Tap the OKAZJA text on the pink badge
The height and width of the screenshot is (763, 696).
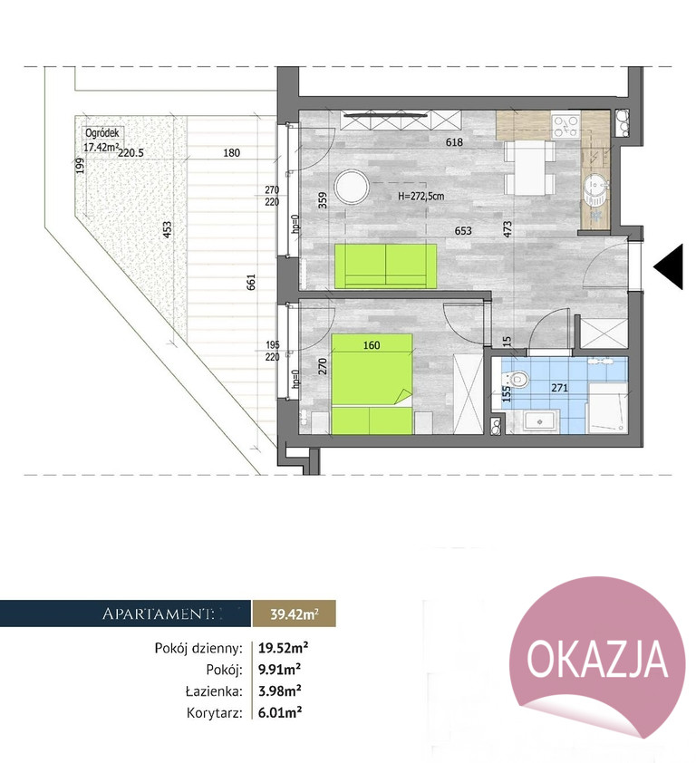[597, 660]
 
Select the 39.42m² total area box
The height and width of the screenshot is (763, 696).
[295, 613]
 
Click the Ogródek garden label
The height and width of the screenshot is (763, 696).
[101, 133]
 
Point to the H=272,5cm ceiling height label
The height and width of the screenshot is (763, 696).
[420, 197]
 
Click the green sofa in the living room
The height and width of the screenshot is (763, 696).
[386, 266]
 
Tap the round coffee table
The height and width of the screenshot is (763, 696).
[352, 188]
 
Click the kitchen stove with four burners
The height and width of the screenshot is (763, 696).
[565, 125]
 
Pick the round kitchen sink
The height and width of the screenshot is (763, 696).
[594, 185]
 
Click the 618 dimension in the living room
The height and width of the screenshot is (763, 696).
[454, 142]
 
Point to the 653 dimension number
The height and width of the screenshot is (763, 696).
[463, 231]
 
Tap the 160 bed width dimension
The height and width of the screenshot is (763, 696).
[372, 345]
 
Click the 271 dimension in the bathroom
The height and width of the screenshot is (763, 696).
[559, 388]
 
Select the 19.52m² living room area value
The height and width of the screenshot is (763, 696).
[284, 648]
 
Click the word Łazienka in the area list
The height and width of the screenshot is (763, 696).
[214, 691]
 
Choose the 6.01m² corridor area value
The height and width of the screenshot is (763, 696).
[280, 713]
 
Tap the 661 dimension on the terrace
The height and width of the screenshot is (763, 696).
[251, 282]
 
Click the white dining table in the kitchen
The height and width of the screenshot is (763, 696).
[529, 167]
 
